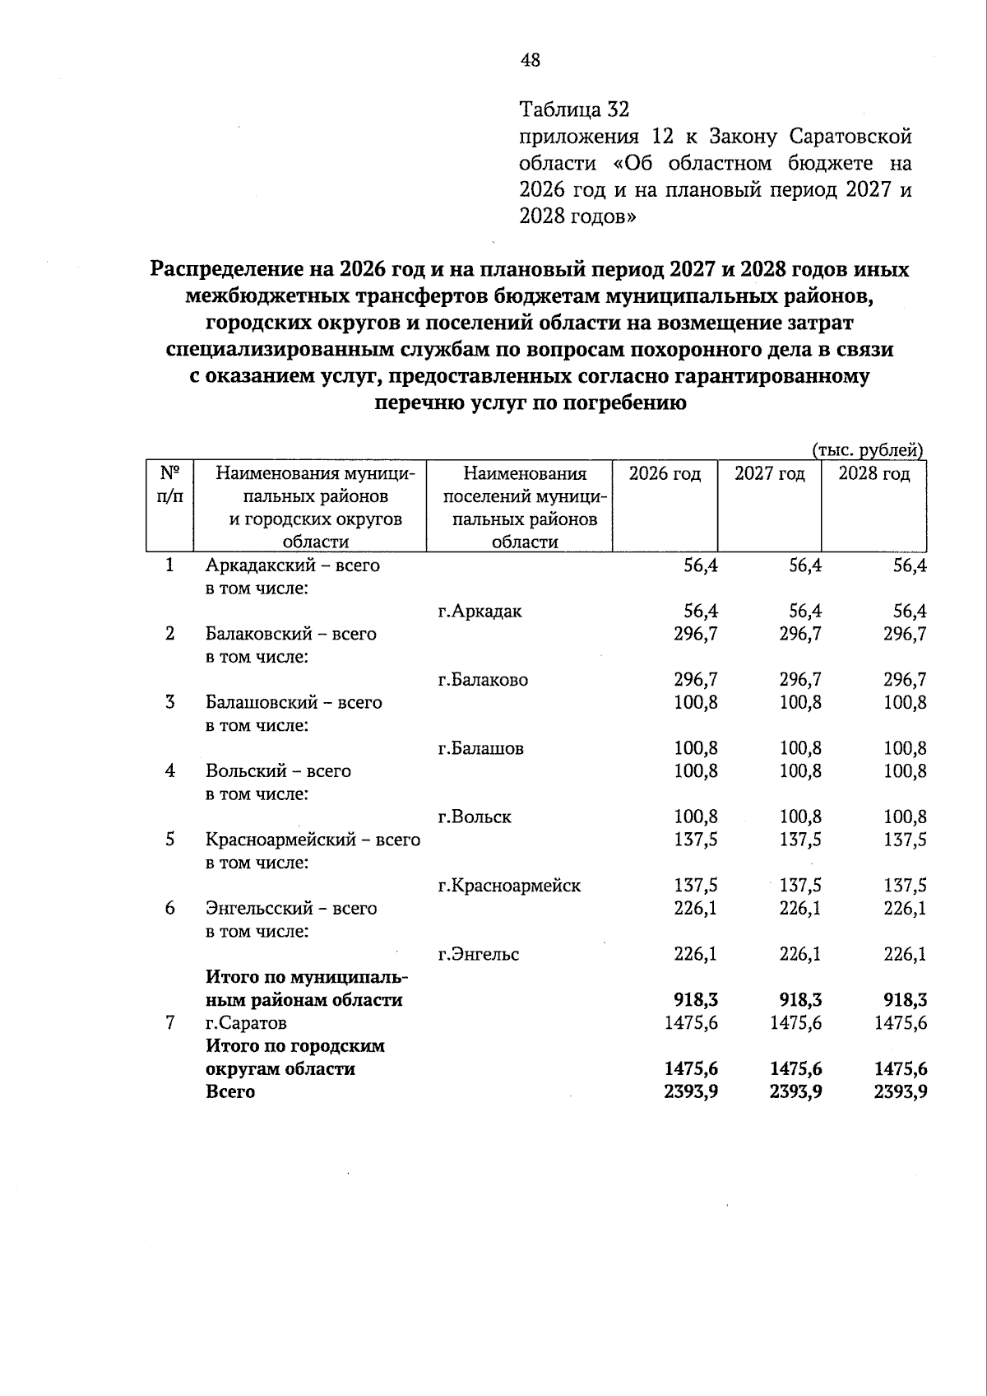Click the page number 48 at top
click(531, 60)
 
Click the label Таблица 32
click(574, 109)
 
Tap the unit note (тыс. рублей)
click(868, 450)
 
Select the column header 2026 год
click(665, 474)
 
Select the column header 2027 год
click(769, 474)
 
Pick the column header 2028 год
click(873, 474)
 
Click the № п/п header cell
click(169, 485)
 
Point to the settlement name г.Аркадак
click(480, 612)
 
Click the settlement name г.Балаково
click(483, 680)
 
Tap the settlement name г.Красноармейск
click(509, 886)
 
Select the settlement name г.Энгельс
click(478, 955)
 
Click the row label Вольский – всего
click(278, 771)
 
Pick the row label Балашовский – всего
click(294, 703)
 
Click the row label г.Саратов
click(246, 1023)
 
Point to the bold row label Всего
click(230, 1092)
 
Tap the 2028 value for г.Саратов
click(901, 1023)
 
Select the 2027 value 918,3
click(800, 1001)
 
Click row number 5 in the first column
click(169, 840)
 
